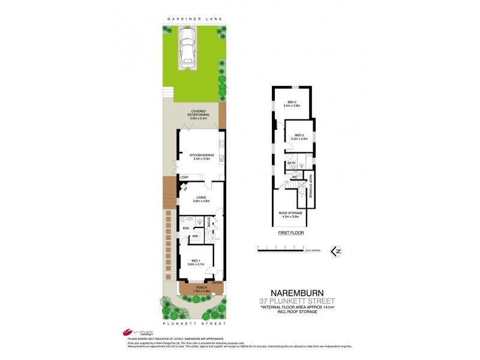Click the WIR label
196,236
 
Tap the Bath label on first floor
291,163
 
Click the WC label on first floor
295,178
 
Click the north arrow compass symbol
337,251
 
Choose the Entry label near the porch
217,283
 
